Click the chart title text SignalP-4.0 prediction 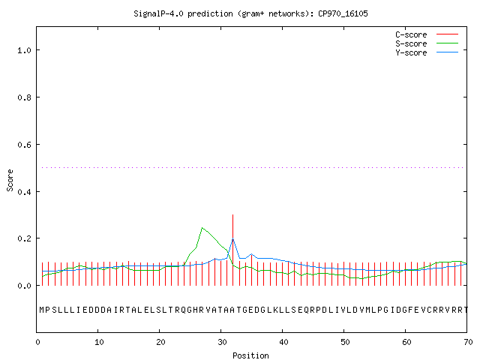click(183, 13)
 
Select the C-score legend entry click(427, 34)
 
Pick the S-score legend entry click(427, 43)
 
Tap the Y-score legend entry click(427, 52)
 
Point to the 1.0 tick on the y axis click(25, 50)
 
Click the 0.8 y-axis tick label click(25, 97)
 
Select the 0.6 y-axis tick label click(25, 145)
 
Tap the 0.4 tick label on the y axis click(25, 192)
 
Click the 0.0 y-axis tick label click(25, 286)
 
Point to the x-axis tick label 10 click(99, 342)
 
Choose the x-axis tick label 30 click(222, 342)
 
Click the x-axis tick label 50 click(345, 342)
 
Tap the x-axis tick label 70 click(468, 342)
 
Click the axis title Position click(250, 355)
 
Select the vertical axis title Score click(10, 180)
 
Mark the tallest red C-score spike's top click(233, 215)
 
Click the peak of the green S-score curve click(202, 228)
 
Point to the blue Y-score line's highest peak click(233, 238)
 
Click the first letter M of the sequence click(42, 310)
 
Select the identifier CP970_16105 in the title click(343, 13)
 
